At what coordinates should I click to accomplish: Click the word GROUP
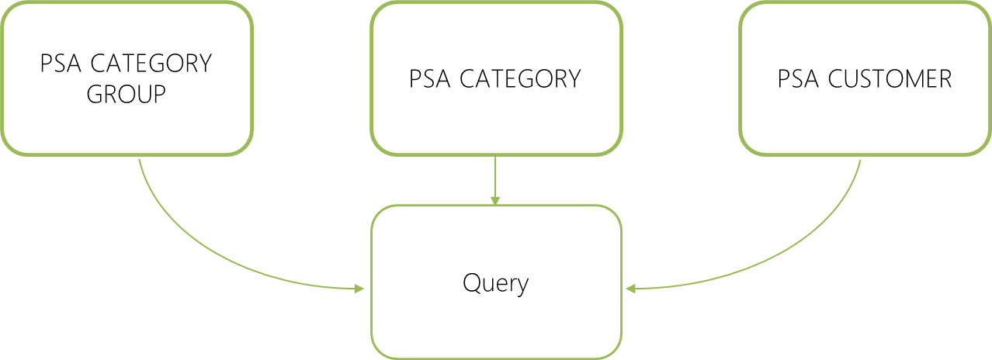[x=127, y=95]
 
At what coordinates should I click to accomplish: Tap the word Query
[x=496, y=283]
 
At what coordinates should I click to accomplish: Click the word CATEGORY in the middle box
[x=520, y=79]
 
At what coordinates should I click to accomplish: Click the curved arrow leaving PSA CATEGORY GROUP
[x=202, y=248]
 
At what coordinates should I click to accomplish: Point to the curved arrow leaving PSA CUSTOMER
[x=792, y=248]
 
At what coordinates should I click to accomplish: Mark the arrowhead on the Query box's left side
[x=359, y=289]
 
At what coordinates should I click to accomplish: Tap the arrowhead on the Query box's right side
[x=631, y=289]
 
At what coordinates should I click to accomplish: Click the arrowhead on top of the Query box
[x=495, y=200]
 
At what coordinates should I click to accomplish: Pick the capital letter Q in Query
[x=471, y=282]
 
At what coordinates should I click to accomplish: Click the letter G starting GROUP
[x=95, y=95]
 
